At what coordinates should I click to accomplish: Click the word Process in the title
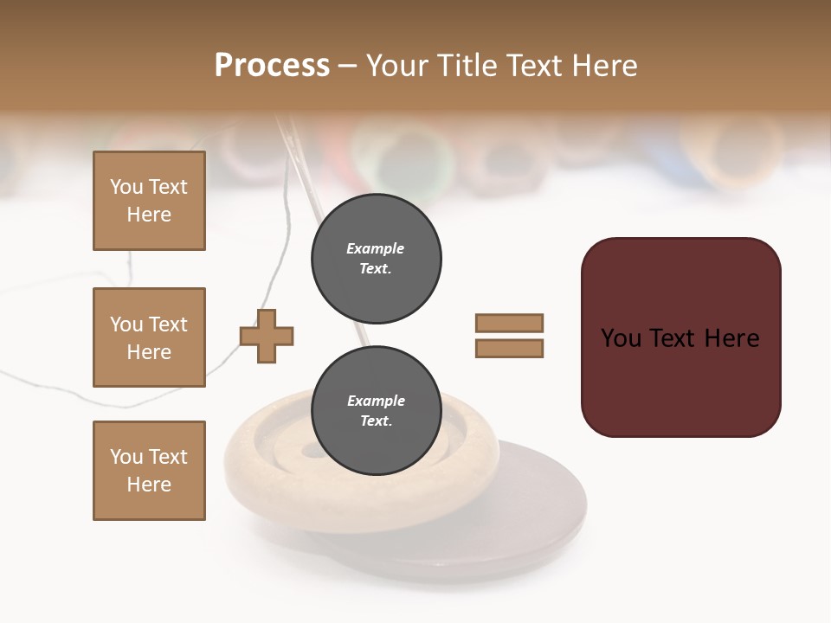(272, 66)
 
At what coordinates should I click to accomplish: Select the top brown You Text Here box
(149, 201)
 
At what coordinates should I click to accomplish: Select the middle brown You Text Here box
(149, 337)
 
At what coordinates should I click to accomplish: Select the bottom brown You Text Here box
(149, 471)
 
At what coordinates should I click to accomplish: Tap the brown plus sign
(267, 336)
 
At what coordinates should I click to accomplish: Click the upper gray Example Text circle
(376, 259)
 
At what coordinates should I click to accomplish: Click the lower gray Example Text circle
(376, 411)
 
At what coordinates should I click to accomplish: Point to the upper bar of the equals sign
(509, 323)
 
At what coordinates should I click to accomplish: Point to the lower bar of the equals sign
(509, 349)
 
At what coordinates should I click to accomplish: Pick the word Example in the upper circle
(375, 248)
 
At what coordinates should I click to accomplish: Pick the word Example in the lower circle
(376, 401)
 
